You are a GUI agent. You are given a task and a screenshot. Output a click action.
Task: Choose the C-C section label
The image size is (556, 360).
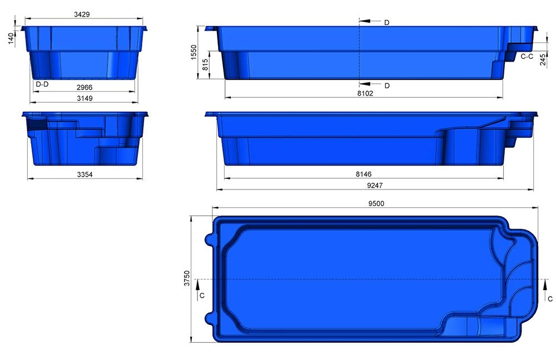click(528, 56)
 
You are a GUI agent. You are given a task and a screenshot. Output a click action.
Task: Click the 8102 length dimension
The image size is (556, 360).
click(364, 94)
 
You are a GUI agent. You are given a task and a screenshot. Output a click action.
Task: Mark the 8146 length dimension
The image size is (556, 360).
click(364, 174)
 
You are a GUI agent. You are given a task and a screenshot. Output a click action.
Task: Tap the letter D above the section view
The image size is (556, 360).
click(386, 22)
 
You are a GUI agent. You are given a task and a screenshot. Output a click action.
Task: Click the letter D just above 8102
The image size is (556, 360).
click(386, 86)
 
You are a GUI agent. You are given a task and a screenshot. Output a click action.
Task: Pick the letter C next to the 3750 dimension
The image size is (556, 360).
click(202, 296)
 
